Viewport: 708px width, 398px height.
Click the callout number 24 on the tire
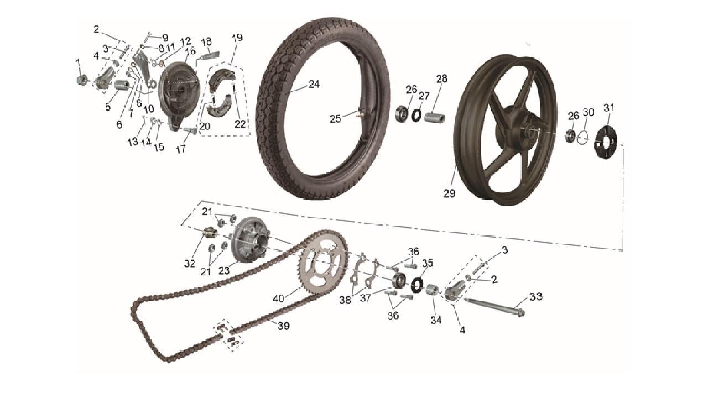pyautogui.click(x=314, y=85)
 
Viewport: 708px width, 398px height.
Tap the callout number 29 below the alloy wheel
pyautogui.click(x=449, y=193)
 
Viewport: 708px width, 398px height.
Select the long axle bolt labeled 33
pyautogui.click(x=494, y=307)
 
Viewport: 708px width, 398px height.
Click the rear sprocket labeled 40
pyautogui.click(x=323, y=261)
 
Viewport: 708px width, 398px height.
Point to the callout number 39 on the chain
pyautogui.click(x=284, y=326)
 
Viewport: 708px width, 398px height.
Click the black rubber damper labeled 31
pyautogui.click(x=606, y=142)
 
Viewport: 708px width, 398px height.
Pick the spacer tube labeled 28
pyautogui.click(x=434, y=118)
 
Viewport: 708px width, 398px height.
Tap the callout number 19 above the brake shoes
pyautogui.click(x=237, y=38)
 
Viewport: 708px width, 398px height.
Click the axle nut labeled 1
pyautogui.click(x=82, y=80)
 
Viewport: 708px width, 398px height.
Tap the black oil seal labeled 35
pyautogui.click(x=417, y=285)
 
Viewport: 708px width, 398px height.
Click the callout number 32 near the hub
pyautogui.click(x=190, y=264)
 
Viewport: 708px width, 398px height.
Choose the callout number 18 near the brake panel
pyautogui.click(x=206, y=41)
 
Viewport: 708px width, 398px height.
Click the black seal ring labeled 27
pyautogui.click(x=417, y=114)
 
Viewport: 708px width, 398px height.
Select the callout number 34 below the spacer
pyautogui.click(x=436, y=320)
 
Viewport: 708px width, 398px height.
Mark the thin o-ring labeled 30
pyautogui.click(x=581, y=138)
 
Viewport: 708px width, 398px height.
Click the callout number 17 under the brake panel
pyautogui.click(x=181, y=149)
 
